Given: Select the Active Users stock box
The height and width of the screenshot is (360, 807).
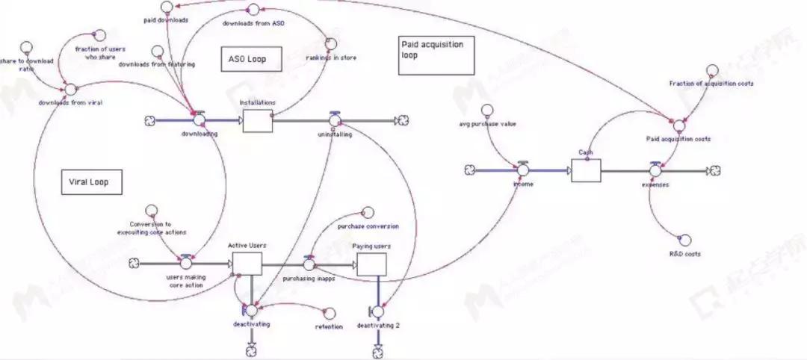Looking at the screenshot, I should pyautogui.click(x=247, y=263).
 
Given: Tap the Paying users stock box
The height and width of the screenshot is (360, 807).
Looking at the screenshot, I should pyautogui.click(x=371, y=263).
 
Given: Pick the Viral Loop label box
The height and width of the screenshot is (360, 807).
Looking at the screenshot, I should pyautogui.click(x=90, y=181).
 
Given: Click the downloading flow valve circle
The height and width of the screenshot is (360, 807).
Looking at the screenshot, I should pyautogui.click(x=199, y=119).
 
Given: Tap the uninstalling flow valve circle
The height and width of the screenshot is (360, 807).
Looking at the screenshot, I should pyautogui.click(x=335, y=119).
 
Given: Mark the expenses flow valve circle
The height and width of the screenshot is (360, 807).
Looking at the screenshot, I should pyautogui.click(x=655, y=170).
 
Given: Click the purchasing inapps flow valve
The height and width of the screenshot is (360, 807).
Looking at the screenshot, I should pyautogui.click(x=309, y=264).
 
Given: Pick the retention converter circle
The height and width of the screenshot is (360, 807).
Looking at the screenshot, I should pyautogui.click(x=329, y=313).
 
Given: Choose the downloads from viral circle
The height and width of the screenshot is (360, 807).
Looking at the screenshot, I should pyautogui.click(x=70, y=89).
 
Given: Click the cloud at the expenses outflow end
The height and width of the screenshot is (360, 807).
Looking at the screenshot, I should pyautogui.click(x=715, y=170).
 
